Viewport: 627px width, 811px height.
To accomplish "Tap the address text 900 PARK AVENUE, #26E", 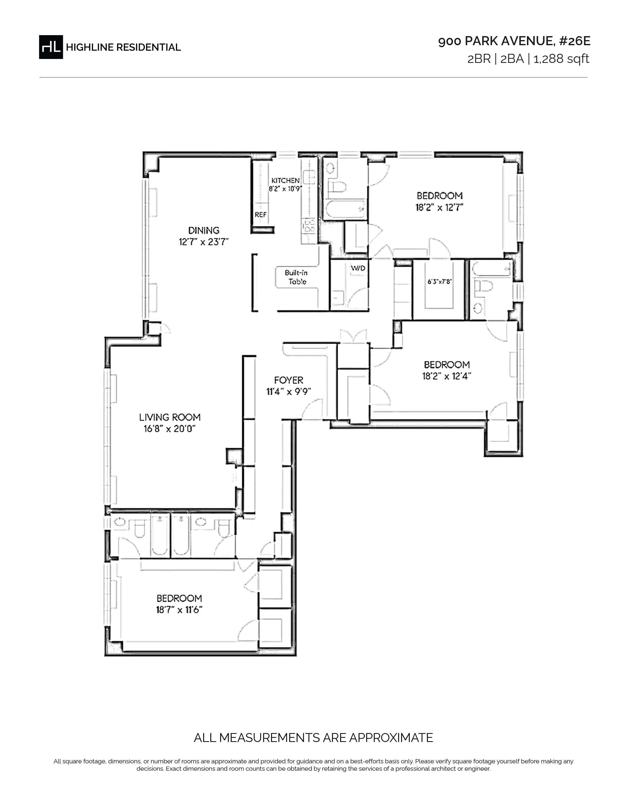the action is pyautogui.click(x=514, y=41).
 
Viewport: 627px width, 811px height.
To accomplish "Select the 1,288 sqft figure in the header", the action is pyautogui.click(x=561, y=59).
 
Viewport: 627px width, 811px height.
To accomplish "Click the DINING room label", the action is pyautogui.click(x=204, y=230).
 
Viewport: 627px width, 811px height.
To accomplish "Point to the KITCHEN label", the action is pyautogui.click(x=285, y=180).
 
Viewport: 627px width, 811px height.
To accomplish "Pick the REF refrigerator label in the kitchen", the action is pyautogui.click(x=260, y=215).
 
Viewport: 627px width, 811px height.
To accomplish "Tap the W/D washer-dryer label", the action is pyautogui.click(x=358, y=268).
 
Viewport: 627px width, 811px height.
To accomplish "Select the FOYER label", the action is pyautogui.click(x=289, y=380).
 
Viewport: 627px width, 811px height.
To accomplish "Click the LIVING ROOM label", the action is pyautogui.click(x=170, y=417).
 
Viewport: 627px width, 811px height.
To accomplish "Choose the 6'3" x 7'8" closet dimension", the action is pyautogui.click(x=439, y=281).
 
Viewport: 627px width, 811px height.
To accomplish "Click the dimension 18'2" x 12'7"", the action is pyautogui.click(x=439, y=207).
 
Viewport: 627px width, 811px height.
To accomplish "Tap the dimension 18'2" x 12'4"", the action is pyautogui.click(x=447, y=376).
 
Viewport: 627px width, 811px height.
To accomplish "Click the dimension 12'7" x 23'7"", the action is pyautogui.click(x=204, y=242).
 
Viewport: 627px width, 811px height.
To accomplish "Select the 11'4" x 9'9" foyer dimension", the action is pyautogui.click(x=289, y=391).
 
